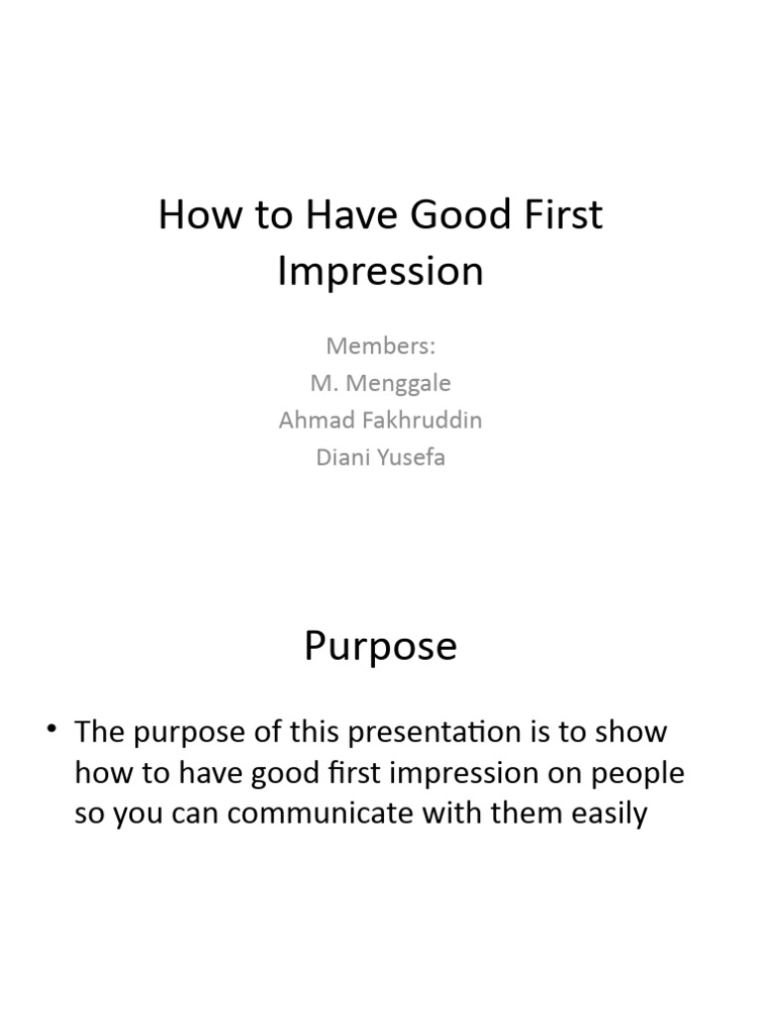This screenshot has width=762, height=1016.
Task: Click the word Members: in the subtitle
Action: coord(381,346)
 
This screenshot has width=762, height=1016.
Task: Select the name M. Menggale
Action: coord(381,383)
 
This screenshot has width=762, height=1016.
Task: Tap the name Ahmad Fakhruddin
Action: coord(381,420)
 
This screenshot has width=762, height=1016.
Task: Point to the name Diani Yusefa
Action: coord(381,457)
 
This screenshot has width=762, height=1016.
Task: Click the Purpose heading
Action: coord(381,647)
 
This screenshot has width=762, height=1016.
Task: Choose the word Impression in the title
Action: coord(381,271)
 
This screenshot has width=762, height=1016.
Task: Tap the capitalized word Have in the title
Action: coord(335,215)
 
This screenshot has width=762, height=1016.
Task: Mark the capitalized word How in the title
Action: coord(193,215)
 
